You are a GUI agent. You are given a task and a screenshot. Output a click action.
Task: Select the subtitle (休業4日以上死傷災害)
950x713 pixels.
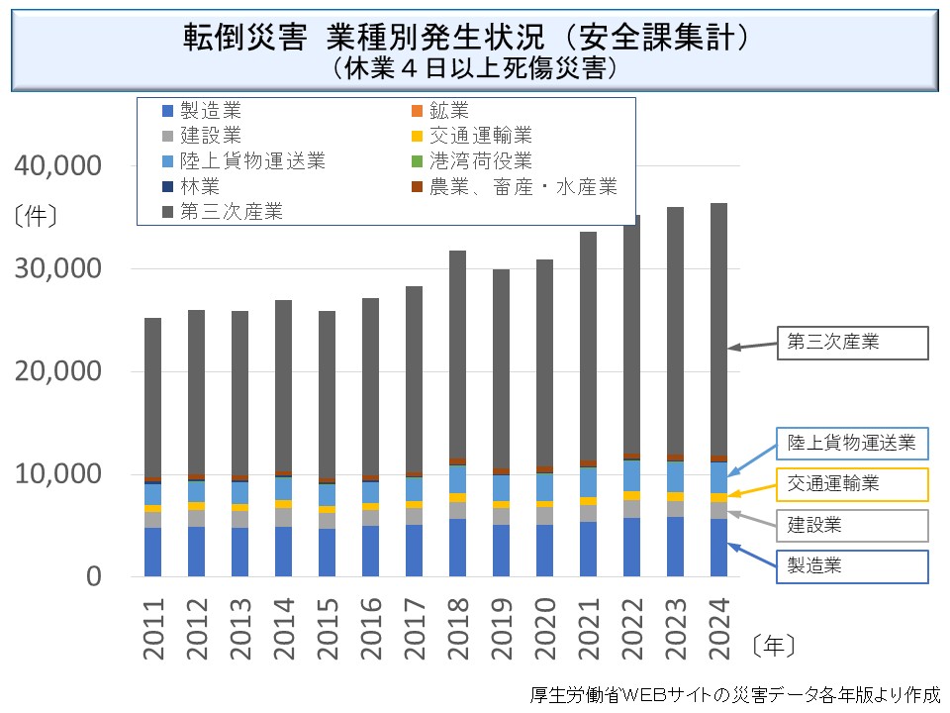[476, 67]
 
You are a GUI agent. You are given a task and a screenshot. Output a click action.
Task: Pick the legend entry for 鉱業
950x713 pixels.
[448, 110]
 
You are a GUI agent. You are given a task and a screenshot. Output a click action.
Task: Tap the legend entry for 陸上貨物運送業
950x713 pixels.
[252, 160]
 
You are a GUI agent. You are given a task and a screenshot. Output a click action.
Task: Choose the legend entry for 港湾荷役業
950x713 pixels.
[480, 160]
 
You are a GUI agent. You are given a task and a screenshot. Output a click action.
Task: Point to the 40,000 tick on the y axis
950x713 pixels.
[59, 166]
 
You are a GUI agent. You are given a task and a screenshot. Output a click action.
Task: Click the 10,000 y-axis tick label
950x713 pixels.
[59, 474]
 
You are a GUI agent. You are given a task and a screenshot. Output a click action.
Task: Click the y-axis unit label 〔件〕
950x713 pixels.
[37, 214]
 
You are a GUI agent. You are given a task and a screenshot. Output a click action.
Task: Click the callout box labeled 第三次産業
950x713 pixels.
[852, 343]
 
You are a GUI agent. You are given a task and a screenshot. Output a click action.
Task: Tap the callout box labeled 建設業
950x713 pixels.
[852, 525]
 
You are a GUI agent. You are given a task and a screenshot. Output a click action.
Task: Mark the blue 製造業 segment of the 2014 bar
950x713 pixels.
[283, 551]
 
